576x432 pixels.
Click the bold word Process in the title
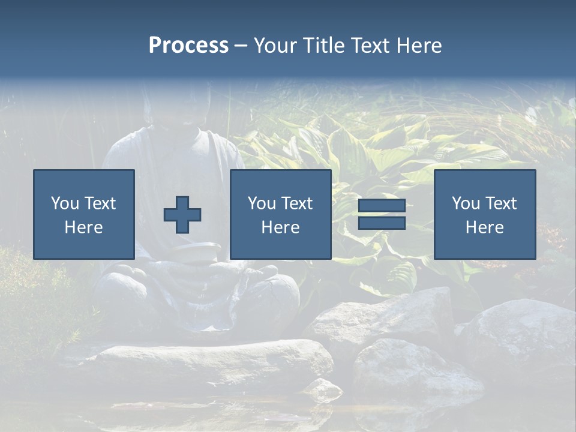coord(188,46)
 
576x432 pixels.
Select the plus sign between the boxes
coord(182,214)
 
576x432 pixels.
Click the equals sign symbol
coord(382,214)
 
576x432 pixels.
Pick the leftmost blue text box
coord(83,214)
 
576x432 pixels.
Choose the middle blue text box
coord(280,214)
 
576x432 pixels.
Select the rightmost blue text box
coord(484,214)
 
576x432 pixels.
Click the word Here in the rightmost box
coord(484,227)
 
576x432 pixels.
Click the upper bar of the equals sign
coord(382,205)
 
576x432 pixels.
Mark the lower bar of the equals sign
coord(382,223)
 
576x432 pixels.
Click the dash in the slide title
coord(241,46)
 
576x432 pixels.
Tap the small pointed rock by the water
coord(324,389)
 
